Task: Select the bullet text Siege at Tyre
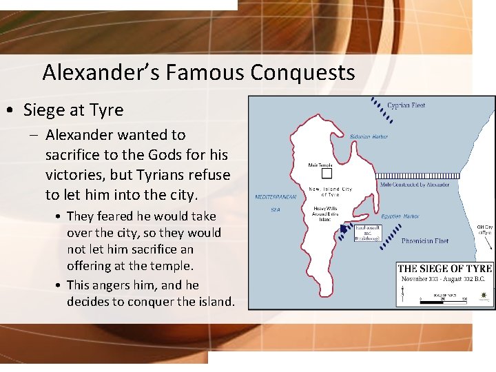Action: pos(74,110)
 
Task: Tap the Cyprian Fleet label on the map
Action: pos(406,105)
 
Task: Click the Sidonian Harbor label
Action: pos(369,136)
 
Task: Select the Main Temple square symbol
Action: pos(318,173)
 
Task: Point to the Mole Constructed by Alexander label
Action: pos(414,185)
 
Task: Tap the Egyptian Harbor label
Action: pos(400,216)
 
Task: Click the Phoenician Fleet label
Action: pos(425,241)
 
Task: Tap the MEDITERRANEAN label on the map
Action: pos(276,197)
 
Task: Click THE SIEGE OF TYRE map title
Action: pos(444,269)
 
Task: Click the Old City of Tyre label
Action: pos(485,229)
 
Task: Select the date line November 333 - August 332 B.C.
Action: pos(444,279)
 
